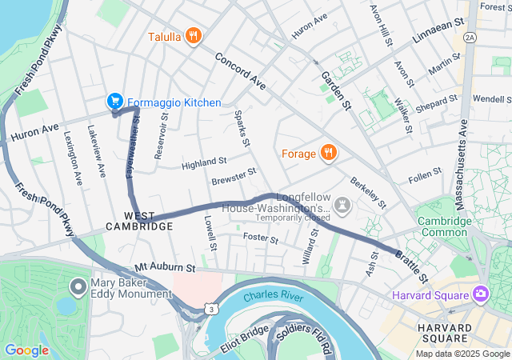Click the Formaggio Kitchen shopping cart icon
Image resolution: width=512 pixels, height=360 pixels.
click(x=114, y=101)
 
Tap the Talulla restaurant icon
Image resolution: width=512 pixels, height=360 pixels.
click(x=192, y=35)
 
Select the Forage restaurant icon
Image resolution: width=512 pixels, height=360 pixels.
click(x=327, y=152)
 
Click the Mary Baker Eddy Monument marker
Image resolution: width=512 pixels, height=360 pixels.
click(x=78, y=286)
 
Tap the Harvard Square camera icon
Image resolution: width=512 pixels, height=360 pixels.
click(x=480, y=294)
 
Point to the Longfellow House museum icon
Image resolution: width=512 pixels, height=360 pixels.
click(x=342, y=206)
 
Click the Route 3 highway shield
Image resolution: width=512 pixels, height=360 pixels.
click(x=210, y=309)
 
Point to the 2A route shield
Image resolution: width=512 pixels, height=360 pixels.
click(x=470, y=36)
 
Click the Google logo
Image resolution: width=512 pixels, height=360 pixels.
click(x=26, y=350)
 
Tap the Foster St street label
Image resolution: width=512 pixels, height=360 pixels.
click(x=260, y=238)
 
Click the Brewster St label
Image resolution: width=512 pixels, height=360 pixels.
click(x=234, y=176)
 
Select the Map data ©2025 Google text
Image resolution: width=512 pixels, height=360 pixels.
click(x=462, y=354)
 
